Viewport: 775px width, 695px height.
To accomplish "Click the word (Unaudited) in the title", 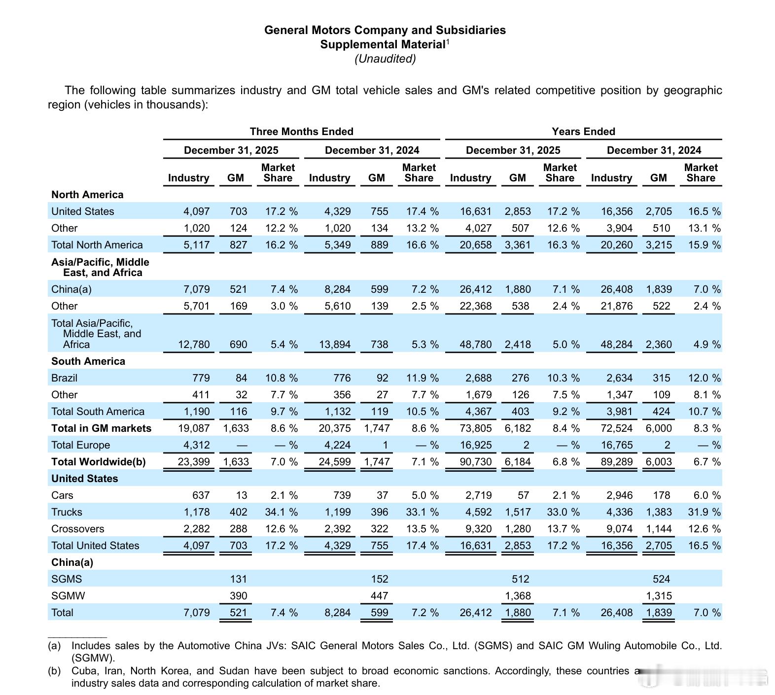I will [x=385, y=59].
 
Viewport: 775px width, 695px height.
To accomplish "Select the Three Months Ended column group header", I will [x=301, y=132].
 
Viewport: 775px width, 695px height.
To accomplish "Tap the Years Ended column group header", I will [x=583, y=132].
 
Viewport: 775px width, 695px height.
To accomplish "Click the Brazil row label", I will [x=64, y=378].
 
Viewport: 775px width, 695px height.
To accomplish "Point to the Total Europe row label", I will [x=80, y=445].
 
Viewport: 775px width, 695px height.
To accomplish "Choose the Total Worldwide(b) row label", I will [x=98, y=462].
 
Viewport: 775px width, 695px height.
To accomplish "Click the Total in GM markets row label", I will [x=101, y=428].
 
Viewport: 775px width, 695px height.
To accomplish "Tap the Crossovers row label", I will [x=77, y=529].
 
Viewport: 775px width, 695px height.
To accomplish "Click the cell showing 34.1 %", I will [x=281, y=512].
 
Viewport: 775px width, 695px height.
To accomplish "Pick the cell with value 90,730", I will [x=475, y=462].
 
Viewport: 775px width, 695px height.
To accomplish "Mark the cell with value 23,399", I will [x=194, y=462].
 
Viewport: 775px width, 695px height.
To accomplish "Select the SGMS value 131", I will [x=238, y=579].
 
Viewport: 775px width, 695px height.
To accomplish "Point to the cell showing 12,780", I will [x=194, y=345].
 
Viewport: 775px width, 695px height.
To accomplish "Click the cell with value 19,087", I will [x=194, y=428].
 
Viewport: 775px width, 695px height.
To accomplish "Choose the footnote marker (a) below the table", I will [x=54, y=646].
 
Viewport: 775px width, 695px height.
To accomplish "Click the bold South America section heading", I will [x=88, y=361].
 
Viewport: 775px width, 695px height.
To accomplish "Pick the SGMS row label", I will [x=67, y=579].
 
